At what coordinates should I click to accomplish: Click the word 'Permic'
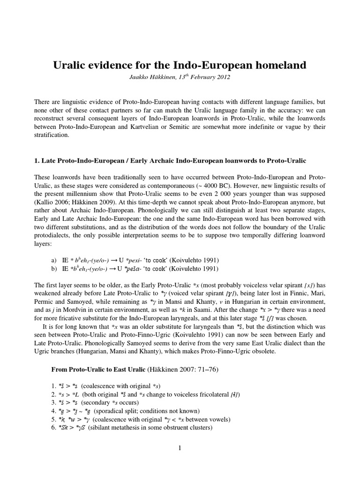(x=46, y=301)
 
